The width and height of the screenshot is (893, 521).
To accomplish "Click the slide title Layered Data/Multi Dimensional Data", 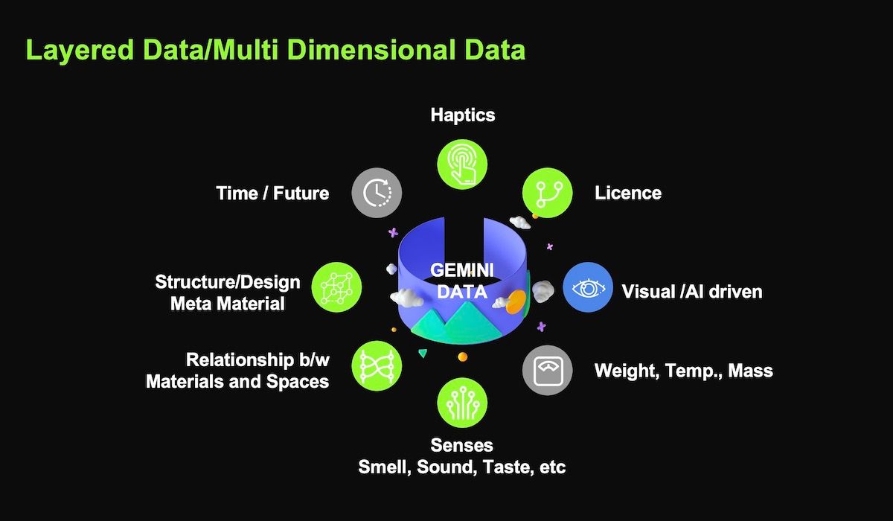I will pos(275,50).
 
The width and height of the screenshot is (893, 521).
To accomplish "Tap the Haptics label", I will pos(462,115).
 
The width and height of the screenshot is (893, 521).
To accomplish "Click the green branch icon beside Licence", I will pos(548,193).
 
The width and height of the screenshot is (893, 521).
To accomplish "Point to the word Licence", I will pos(628,193).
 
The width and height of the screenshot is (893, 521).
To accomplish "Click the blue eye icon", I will pos(587,287).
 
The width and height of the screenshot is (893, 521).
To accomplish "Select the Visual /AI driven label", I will pos(692,291).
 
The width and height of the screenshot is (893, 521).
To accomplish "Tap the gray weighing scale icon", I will pos(547,370).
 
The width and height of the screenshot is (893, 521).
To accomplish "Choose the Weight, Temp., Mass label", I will pos(683,370).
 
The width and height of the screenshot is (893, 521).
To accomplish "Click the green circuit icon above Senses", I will pos(462,403).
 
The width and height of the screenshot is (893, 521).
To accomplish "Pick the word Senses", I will pos(461,445).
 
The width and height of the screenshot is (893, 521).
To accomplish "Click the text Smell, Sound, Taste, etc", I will pos(461,467).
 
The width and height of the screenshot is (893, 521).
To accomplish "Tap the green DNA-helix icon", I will pos(377,365).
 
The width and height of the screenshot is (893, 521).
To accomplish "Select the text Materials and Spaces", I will pos(237,382).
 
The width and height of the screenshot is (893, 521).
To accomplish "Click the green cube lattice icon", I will pos(336,287).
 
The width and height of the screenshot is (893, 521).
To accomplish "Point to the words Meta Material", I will pos(227,304).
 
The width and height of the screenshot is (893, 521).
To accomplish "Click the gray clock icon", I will pos(377,193).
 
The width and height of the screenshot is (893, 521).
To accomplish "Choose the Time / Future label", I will pos(272,193).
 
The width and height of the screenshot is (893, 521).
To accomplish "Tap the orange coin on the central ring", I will pos(516,301).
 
